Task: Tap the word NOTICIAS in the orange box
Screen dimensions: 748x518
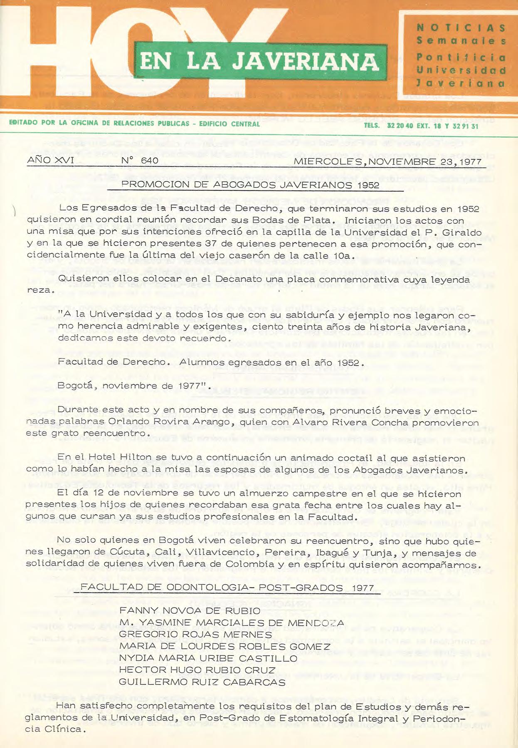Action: pos(461,28)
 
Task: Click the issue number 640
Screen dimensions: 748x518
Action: pos(140,160)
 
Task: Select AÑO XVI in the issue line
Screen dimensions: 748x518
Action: pos(50,160)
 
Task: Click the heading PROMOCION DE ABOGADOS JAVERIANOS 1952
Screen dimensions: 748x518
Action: pos(250,185)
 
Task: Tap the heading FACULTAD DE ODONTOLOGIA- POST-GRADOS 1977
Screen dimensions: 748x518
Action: pos(227,588)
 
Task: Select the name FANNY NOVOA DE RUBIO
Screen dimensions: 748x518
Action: pos(190,611)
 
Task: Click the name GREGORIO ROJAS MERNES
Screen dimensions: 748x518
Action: pos(195,634)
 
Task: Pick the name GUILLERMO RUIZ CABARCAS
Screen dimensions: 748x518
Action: pos(202,682)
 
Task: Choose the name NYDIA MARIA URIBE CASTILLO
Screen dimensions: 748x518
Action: pos(208,658)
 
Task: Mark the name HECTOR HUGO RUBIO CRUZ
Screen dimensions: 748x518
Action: pos(197,670)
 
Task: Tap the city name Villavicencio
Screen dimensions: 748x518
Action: pos(220,552)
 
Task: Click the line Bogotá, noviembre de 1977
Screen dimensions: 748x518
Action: pos(131,385)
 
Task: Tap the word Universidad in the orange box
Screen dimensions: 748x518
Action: pos(461,70)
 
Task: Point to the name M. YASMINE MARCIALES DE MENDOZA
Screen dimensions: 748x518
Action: pos(232,622)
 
